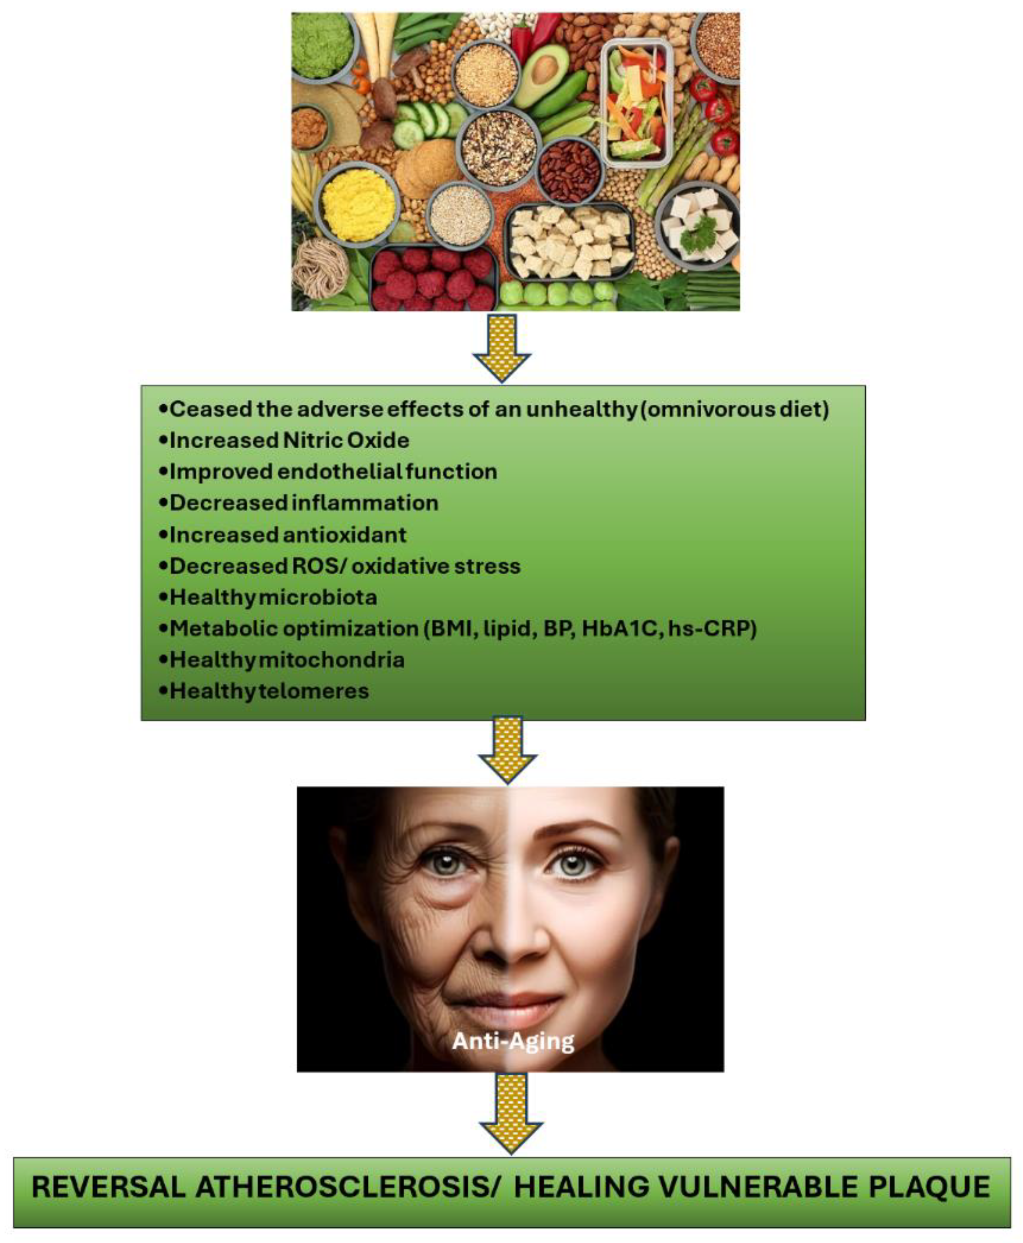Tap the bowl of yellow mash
coord(358,204)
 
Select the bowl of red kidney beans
coord(569,170)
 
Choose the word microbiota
coord(318,597)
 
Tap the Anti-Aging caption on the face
coord(513,1041)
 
